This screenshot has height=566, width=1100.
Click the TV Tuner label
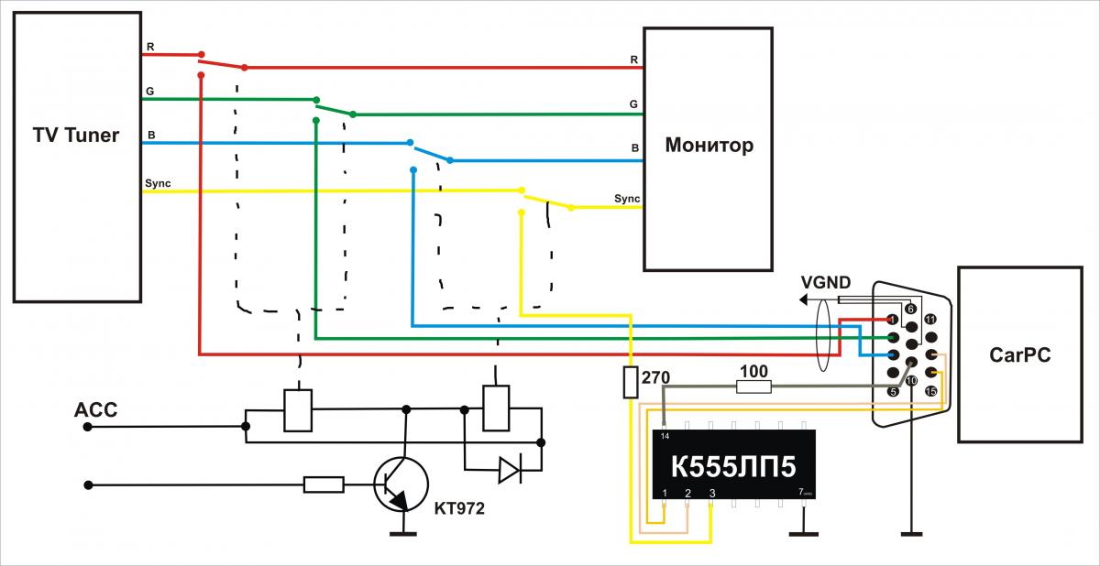pyautogui.click(x=77, y=136)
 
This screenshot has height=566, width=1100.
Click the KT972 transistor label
pyautogui.click(x=458, y=505)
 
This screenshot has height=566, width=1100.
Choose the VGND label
pyautogui.click(x=824, y=282)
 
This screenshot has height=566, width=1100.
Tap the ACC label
pyautogui.click(x=95, y=409)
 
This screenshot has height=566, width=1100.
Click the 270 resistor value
pyautogui.click(x=655, y=376)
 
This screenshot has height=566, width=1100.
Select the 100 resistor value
pyautogui.click(x=754, y=371)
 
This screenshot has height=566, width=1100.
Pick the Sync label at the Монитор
pyautogui.click(x=627, y=199)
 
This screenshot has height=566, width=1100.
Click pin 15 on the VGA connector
pyautogui.click(x=931, y=392)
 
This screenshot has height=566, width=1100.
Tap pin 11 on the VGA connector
pyautogui.click(x=929, y=320)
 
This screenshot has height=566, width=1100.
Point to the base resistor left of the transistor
pyautogui.click(x=324, y=484)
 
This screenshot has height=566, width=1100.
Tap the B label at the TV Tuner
pyautogui.click(x=151, y=136)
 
